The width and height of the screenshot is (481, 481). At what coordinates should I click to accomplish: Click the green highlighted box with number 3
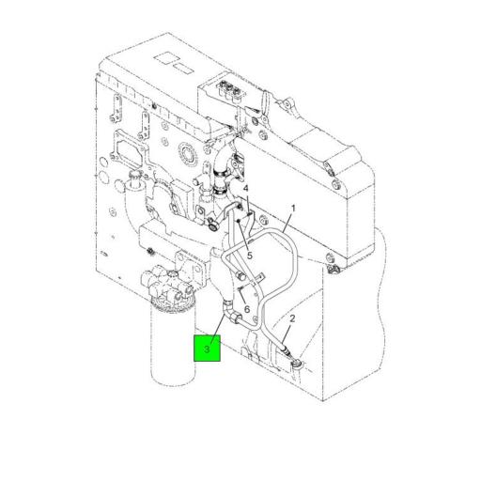coord(207,349)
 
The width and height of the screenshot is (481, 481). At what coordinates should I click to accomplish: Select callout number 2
coord(292,319)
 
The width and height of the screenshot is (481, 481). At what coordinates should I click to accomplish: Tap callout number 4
coord(246,189)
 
